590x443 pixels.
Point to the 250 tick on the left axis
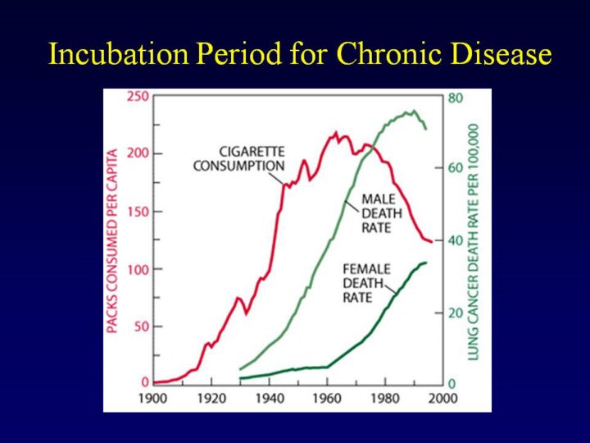[x=138, y=97]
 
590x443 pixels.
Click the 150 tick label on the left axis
[x=138, y=212]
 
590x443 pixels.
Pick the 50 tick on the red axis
[x=142, y=327]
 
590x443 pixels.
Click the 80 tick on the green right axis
[x=456, y=97]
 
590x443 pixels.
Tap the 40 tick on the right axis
[x=456, y=240]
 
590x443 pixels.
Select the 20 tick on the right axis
[x=456, y=313]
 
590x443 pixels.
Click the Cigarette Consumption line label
[x=239, y=158]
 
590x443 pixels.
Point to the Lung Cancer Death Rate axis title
[x=474, y=240]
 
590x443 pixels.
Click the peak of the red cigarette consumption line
[x=336, y=132]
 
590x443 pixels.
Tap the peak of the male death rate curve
[x=414, y=111]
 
